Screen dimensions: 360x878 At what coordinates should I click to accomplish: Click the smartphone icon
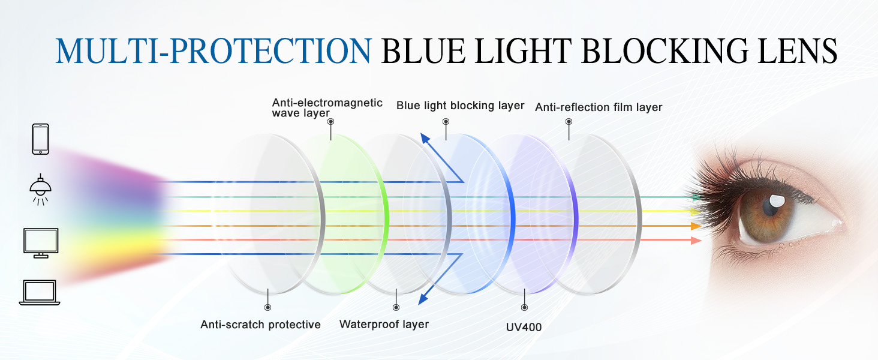(40, 139)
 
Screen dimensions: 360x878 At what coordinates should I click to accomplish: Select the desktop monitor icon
(40, 242)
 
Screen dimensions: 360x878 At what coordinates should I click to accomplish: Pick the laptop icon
(40, 292)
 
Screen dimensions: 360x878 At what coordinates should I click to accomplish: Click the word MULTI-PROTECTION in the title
(213, 51)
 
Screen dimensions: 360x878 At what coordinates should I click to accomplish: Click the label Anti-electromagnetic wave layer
(327, 108)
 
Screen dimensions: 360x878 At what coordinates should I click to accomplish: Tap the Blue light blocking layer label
(460, 106)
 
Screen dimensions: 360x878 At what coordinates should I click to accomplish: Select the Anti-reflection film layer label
(599, 107)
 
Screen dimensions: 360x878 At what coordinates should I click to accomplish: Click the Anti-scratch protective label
(260, 325)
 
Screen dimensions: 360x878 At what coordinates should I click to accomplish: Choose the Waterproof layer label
(384, 325)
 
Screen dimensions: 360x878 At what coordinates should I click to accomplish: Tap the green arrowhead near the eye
(696, 196)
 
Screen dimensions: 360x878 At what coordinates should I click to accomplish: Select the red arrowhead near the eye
(696, 241)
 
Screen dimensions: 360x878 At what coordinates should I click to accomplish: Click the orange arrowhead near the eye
(696, 226)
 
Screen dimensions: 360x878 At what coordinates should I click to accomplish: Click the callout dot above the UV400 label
(525, 307)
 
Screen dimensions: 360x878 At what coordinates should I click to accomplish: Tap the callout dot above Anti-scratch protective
(267, 307)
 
